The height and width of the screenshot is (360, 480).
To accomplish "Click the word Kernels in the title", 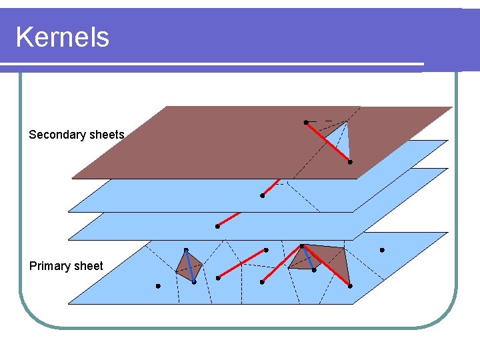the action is pos(62,37).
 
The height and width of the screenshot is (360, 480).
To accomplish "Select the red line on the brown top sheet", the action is pos(327,142).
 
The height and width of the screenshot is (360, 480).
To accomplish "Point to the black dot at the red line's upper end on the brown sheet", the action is pos(306,123).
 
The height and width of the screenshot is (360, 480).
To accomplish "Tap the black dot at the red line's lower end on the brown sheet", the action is pos(349,162).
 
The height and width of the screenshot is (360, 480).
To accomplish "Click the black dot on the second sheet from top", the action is pos(263,196).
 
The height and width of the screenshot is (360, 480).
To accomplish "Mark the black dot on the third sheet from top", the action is pos(217,227).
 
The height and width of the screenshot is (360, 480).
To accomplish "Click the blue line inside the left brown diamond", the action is pos(190,266).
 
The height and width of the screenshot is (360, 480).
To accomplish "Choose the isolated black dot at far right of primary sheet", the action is pos(382,251).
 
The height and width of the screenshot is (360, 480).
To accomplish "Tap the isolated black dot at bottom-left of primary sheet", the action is pos(158,286).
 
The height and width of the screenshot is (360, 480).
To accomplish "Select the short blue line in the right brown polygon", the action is pos(308,258).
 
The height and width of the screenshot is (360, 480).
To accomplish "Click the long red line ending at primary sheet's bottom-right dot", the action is pos(326,266).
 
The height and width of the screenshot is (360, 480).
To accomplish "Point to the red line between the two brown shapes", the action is pos(242,263).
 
